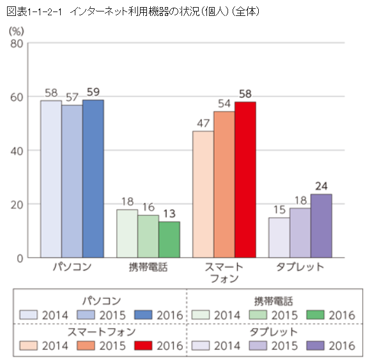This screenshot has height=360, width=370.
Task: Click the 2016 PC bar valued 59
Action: (x=93, y=179)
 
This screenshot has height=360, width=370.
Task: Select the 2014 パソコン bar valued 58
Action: (x=51, y=179)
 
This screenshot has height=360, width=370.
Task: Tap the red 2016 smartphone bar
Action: (x=245, y=180)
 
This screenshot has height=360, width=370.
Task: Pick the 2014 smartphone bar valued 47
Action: (x=203, y=194)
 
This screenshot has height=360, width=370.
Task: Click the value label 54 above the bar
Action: (x=224, y=103)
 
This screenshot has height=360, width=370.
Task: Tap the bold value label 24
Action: (x=321, y=186)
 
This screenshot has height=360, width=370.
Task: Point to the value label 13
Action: (x=169, y=214)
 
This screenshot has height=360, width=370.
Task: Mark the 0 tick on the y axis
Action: (x=20, y=258)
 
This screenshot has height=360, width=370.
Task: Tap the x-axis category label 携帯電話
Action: (x=148, y=267)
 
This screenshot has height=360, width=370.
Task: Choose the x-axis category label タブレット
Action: (x=300, y=267)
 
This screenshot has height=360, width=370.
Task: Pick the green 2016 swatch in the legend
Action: (x=317, y=315)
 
